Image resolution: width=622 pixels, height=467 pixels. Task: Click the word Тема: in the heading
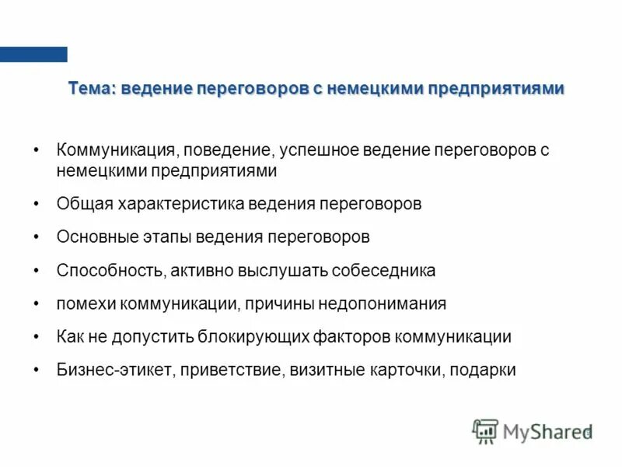(x=91, y=89)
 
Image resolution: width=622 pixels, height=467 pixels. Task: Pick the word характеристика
(x=180, y=204)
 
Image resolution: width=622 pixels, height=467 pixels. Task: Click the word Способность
(x=107, y=271)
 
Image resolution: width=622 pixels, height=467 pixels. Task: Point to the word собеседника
(x=383, y=271)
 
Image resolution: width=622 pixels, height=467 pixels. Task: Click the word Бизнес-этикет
(x=114, y=370)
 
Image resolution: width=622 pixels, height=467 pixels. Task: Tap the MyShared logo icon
(x=485, y=431)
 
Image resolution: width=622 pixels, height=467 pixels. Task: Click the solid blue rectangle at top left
(x=33, y=54)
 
